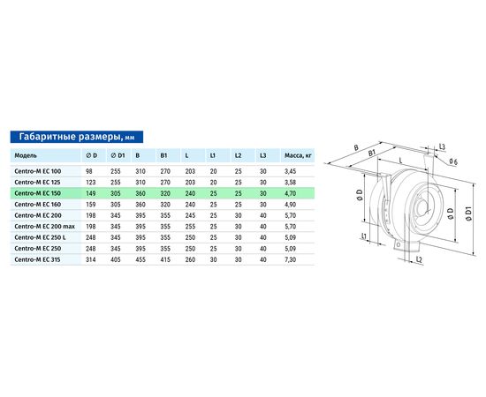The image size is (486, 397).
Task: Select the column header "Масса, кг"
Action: click(x=298, y=155)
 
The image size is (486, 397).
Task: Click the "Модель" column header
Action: click(x=26, y=155)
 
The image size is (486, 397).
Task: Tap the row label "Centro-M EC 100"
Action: click(x=38, y=171)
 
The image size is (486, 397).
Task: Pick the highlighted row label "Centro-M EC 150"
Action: click(x=37, y=193)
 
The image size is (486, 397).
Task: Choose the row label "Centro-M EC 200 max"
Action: click(x=45, y=227)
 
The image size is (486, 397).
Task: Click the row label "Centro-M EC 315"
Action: click(x=37, y=259)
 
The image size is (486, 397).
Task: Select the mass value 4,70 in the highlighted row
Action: click(x=291, y=194)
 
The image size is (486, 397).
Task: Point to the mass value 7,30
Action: click(x=291, y=260)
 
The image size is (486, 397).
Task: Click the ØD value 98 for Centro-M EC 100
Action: click(x=89, y=171)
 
